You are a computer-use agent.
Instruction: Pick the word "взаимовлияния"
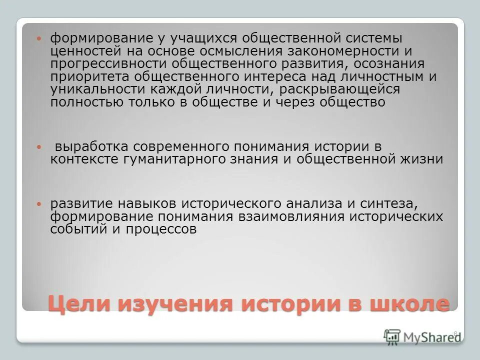[x=294, y=216]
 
